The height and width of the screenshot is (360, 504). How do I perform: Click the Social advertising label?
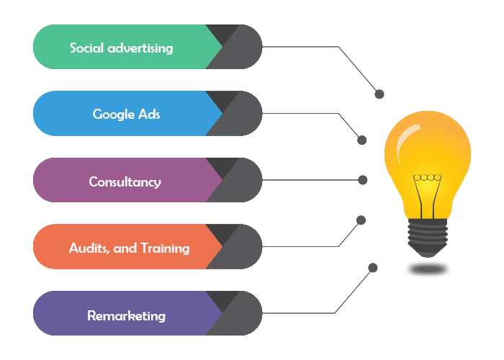[121, 48]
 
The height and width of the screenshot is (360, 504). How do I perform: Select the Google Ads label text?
[126, 114]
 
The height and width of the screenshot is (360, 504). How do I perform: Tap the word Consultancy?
[125, 181]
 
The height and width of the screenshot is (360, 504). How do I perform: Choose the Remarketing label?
[126, 315]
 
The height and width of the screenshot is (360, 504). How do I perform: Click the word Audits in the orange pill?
[86, 248]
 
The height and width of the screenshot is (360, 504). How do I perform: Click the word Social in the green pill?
[86, 48]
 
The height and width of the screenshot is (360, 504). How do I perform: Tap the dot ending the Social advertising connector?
[379, 94]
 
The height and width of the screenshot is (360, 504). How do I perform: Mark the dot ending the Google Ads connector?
[362, 140]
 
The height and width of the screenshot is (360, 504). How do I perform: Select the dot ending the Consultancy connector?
[363, 179]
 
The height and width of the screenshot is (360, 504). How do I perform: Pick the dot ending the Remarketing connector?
[372, 268]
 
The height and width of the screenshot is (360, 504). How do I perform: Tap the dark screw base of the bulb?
[428, 238]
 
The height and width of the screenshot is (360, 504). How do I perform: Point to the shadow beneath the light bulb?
[427, 269]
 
